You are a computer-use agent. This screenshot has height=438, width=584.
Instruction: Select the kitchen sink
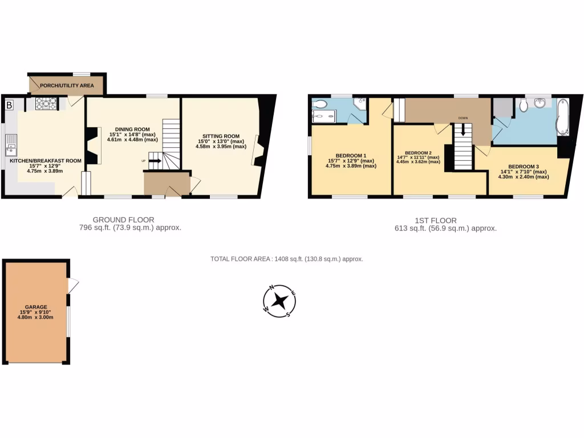coord(10,150)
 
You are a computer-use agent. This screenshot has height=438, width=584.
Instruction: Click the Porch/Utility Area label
coord(67,86)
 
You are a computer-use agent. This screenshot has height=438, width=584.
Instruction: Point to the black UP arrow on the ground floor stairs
coord(155,161)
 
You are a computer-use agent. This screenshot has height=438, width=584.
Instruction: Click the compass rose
coord(279,301)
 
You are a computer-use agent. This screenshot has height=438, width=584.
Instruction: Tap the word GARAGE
coord(36,307)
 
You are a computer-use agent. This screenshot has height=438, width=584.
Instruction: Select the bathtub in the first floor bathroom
coord(562,117)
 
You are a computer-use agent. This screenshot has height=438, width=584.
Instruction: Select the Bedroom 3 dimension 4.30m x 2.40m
coord(524,177)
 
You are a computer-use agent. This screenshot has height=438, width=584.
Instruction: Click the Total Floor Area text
coord(286,259)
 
